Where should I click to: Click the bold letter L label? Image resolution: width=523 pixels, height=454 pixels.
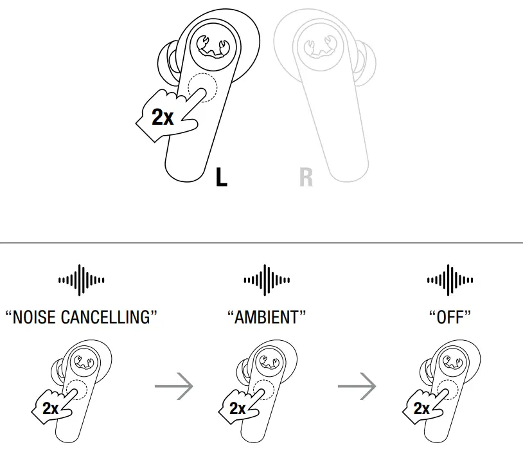point(221,177)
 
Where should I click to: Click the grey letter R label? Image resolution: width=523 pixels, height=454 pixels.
point(306,177)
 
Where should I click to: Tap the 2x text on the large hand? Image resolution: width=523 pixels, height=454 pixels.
point(162,117)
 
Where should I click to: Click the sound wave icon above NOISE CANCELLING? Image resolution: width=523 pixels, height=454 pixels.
point(81,280)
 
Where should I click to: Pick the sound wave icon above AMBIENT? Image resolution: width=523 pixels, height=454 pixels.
point(266,280)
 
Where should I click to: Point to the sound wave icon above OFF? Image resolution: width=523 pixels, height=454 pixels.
point(450,280)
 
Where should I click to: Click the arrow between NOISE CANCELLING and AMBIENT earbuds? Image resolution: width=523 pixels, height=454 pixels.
point(174,387)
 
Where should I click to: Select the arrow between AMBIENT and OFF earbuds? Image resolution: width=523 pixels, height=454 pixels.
point(357,387)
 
